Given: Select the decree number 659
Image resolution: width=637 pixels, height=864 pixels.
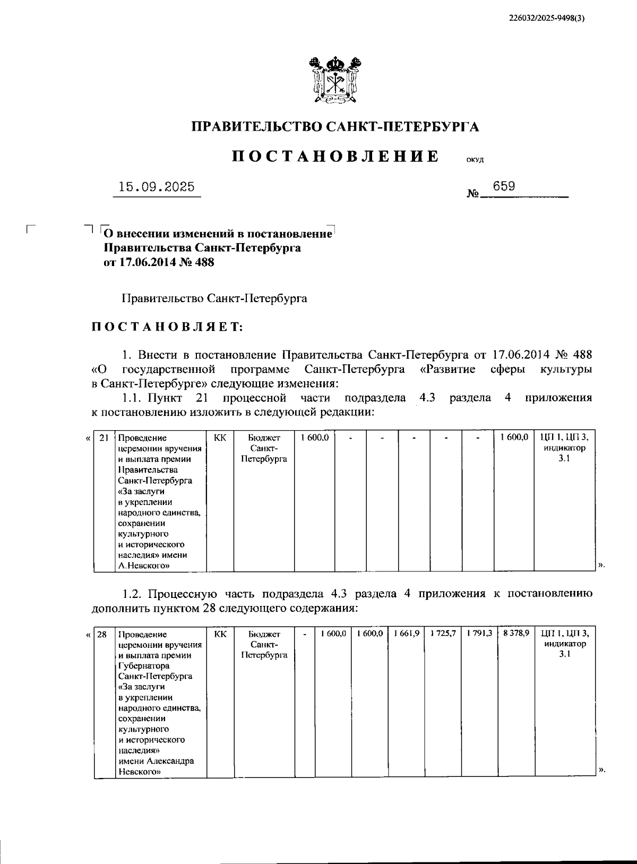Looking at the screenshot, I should click(x=503, y=186).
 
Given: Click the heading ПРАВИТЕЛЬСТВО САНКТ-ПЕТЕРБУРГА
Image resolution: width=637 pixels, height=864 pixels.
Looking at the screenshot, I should click(x=335, y=126).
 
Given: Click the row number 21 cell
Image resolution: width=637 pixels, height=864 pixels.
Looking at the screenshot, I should click(x=104, y=438).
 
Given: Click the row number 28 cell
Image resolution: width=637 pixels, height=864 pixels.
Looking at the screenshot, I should click(x=103, y=634).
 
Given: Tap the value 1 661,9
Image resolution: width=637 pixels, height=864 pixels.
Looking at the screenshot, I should click(x=407, y=634).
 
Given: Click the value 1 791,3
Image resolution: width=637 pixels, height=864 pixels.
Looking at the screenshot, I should click(x=479, y=634).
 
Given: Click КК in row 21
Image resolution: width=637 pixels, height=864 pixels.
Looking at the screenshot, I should click(x=220, y=438).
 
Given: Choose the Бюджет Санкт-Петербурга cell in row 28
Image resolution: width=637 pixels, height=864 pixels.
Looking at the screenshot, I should click(x=264, y=644).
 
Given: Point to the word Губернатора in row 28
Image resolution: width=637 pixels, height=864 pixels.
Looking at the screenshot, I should click(x=144, y=665).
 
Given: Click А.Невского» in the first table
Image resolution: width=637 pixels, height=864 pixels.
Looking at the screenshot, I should click(x=144, y=566).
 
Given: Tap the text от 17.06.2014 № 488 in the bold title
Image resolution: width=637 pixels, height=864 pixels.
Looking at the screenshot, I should click(x=159, y=262).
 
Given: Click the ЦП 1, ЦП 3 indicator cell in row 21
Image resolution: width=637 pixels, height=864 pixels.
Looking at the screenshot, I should click(x=564, y=448).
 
